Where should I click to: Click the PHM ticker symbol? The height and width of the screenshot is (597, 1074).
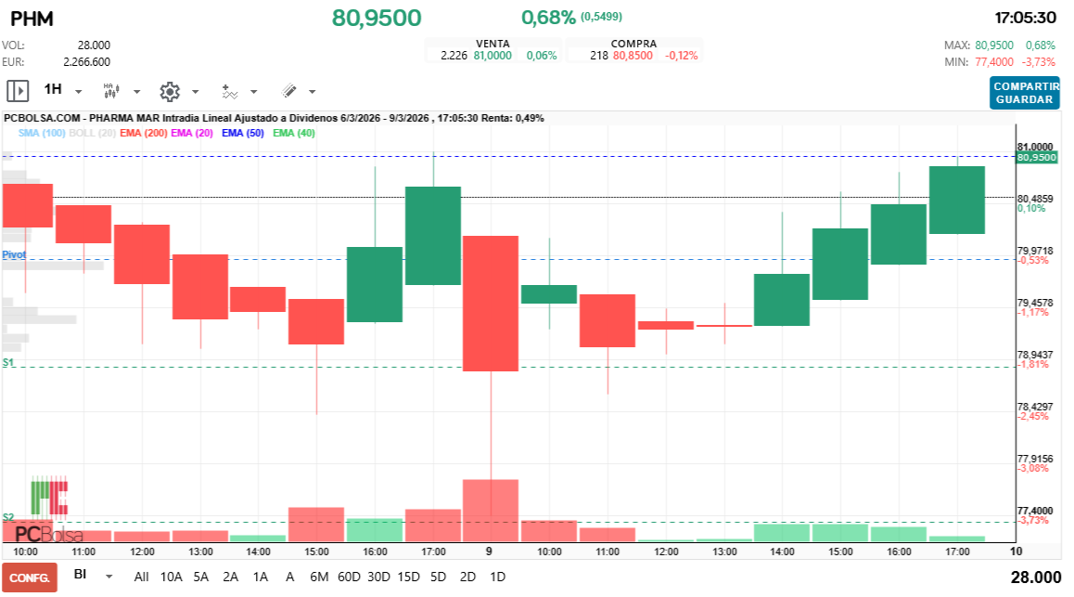(x=32, y=18)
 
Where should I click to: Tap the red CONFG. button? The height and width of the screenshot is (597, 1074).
(x=30, y=577)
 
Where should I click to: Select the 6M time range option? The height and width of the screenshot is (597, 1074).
(x=319, y=577)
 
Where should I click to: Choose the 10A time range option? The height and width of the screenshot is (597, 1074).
(x=172, y=577)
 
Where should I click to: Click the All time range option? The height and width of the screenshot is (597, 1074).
(x=141, y=577)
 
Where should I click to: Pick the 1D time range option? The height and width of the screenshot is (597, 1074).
(x=497, y=577)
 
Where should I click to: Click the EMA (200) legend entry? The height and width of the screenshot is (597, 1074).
(x=144, y=133)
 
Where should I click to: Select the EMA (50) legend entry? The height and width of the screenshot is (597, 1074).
(x=243, y=133)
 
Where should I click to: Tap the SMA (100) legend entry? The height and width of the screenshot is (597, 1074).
(x=42, y=133)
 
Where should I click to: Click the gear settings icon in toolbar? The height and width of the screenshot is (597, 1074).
(x=169, y=91)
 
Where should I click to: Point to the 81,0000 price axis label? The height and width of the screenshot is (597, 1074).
(x=1035, y=147)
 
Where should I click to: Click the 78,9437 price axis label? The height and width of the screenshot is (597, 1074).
(x=1035, y=355)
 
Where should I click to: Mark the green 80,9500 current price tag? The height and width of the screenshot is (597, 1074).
(x=1036, y=158)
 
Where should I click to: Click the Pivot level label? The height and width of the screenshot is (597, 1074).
(x=14, y=254)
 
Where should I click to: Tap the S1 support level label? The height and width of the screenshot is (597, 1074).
(x=8, y=361)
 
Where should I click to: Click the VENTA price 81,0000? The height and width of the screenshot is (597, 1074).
(x=492, y=56)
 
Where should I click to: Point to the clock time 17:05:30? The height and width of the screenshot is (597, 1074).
(x=1025, y=18)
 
